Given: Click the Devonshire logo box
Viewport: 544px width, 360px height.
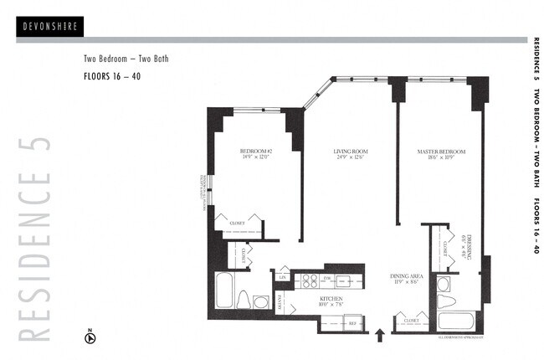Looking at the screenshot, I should point(49,27).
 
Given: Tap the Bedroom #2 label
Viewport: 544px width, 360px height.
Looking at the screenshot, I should point(255,154).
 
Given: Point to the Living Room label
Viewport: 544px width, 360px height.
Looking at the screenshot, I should point(351,154).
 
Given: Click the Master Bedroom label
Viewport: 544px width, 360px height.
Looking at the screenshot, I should point(441,154).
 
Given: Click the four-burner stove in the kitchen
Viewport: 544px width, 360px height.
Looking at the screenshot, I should point(309,281).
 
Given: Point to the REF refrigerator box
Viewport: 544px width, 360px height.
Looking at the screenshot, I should point(352,322).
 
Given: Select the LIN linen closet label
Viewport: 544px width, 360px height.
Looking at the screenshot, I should point(284,276).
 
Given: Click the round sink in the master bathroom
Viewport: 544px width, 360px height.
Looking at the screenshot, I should point(443,284).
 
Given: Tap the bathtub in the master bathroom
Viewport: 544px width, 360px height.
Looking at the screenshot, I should point(457,321).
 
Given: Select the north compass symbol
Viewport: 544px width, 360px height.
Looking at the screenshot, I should point(90,338).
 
